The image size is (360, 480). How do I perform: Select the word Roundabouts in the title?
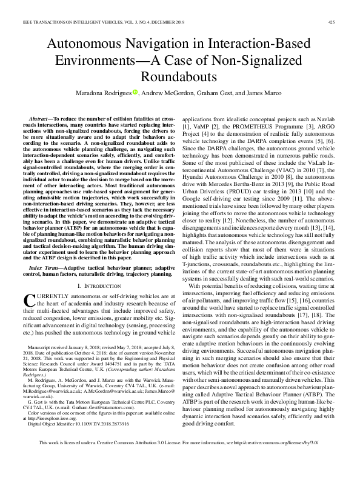click(x=179, y=77)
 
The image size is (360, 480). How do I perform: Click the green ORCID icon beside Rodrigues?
click(x=135, y=93)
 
